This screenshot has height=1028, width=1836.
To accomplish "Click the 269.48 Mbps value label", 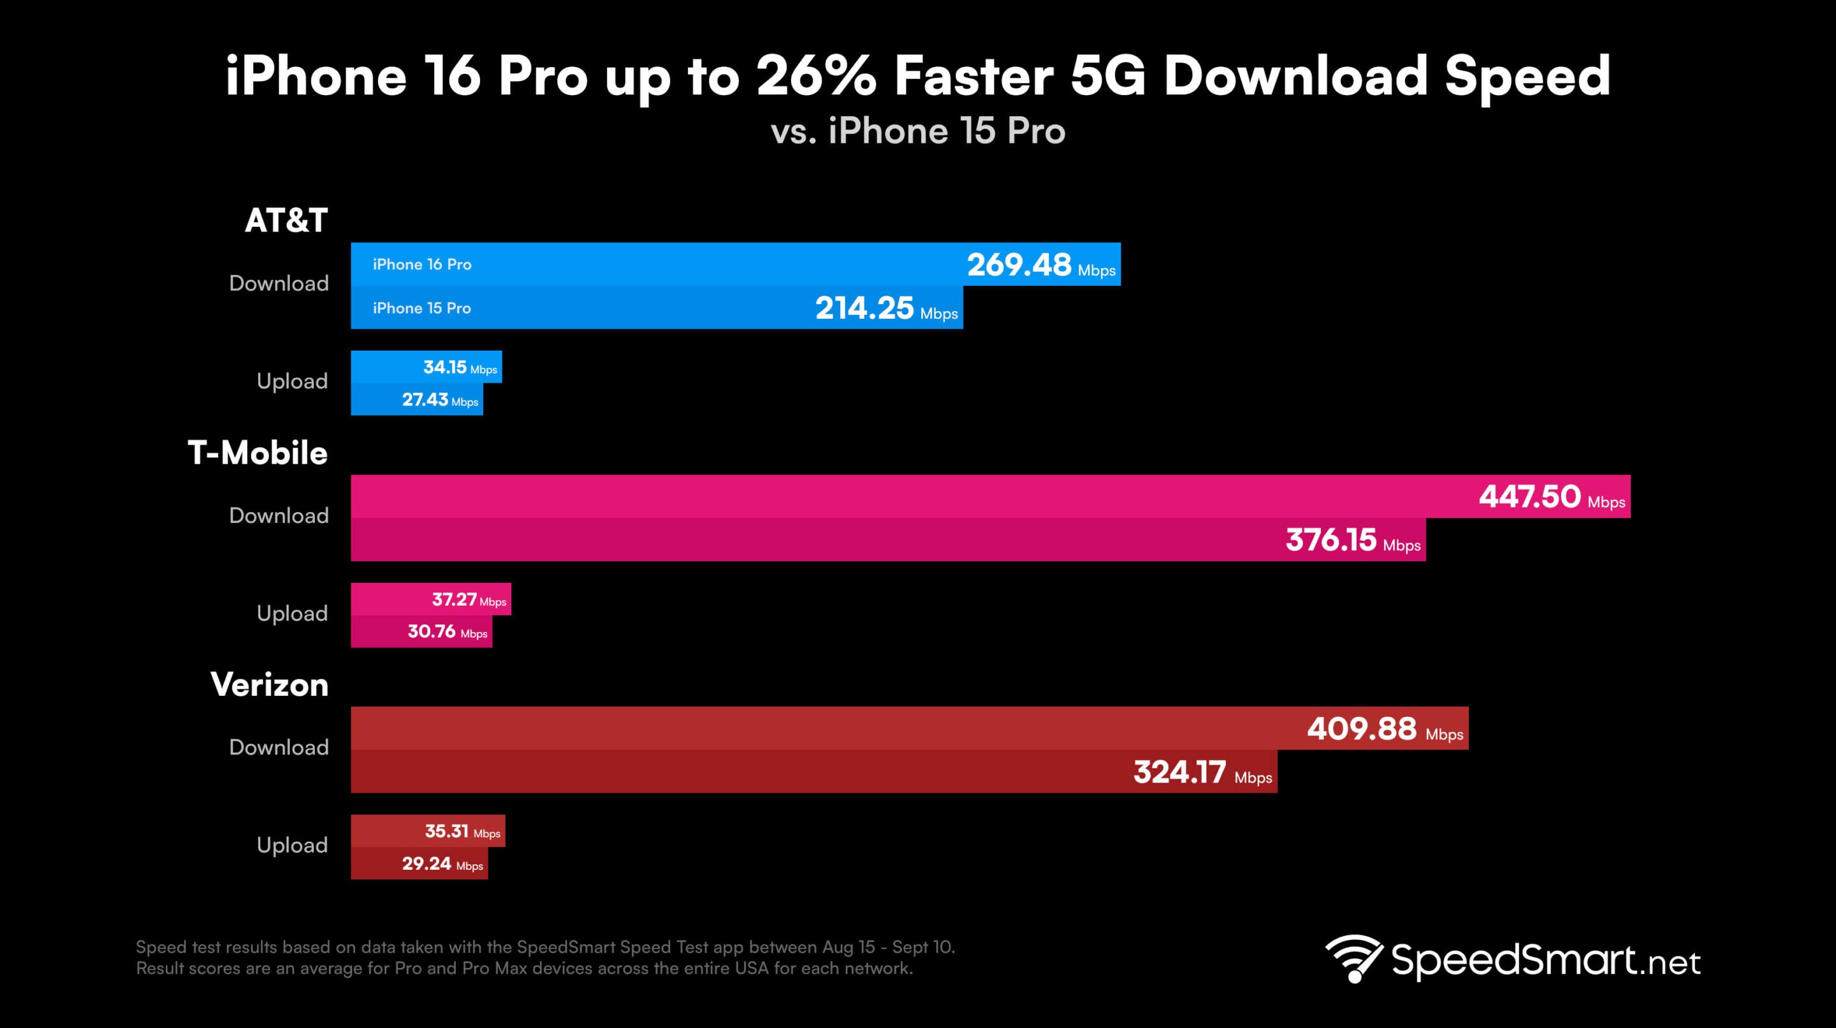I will click(x=1040, y=265).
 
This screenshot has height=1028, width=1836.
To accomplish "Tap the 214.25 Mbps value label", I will click(x=886, y=309).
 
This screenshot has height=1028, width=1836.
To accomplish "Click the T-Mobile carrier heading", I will click(x=258, y=453).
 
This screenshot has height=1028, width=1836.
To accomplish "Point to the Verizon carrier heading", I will click(x=270, y=684).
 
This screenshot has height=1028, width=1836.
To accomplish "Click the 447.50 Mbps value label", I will click(x=1552, y=497).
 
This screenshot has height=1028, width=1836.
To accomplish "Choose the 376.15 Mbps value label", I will click(x=1352, y=540).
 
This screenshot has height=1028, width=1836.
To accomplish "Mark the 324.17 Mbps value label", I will click(x=1202, y=773).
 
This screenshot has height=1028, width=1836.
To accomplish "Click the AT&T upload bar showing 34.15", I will click(x=426, y=367).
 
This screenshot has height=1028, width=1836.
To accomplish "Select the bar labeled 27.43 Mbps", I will click(x=416, y=400).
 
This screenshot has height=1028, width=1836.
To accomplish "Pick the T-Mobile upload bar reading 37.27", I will click(x=430, y=599).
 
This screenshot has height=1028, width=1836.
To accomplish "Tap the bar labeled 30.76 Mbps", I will click(x=421, y=631).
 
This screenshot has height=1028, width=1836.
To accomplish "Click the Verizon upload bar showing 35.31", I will click(x=428, y=831).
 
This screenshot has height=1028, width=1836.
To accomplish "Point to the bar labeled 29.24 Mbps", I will click(x=419, y=864).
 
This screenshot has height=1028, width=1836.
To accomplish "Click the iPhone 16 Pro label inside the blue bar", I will click(x=422, y=265).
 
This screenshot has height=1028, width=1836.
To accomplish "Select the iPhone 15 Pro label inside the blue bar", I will click(x=422, y=308).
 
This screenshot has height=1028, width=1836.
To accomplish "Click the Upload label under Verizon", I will click(x=291, y=846).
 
